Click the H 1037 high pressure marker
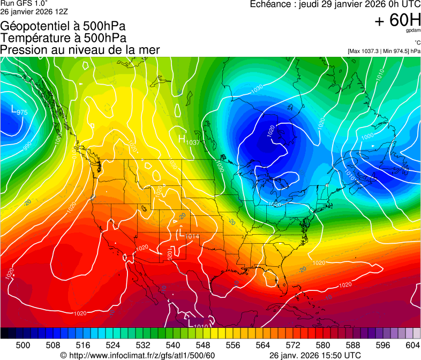pos(188,140)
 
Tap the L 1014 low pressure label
pos(189,235)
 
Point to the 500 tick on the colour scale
pos(23,345)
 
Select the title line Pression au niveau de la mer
pos(80,50)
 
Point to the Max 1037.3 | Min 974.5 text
pos(384,51)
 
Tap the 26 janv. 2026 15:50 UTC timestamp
pos(314,355)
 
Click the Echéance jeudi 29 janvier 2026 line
pos(335,4)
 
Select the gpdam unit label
pos(413,31)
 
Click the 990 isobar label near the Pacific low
pos(27,145)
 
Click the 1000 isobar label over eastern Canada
pos(367,137)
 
